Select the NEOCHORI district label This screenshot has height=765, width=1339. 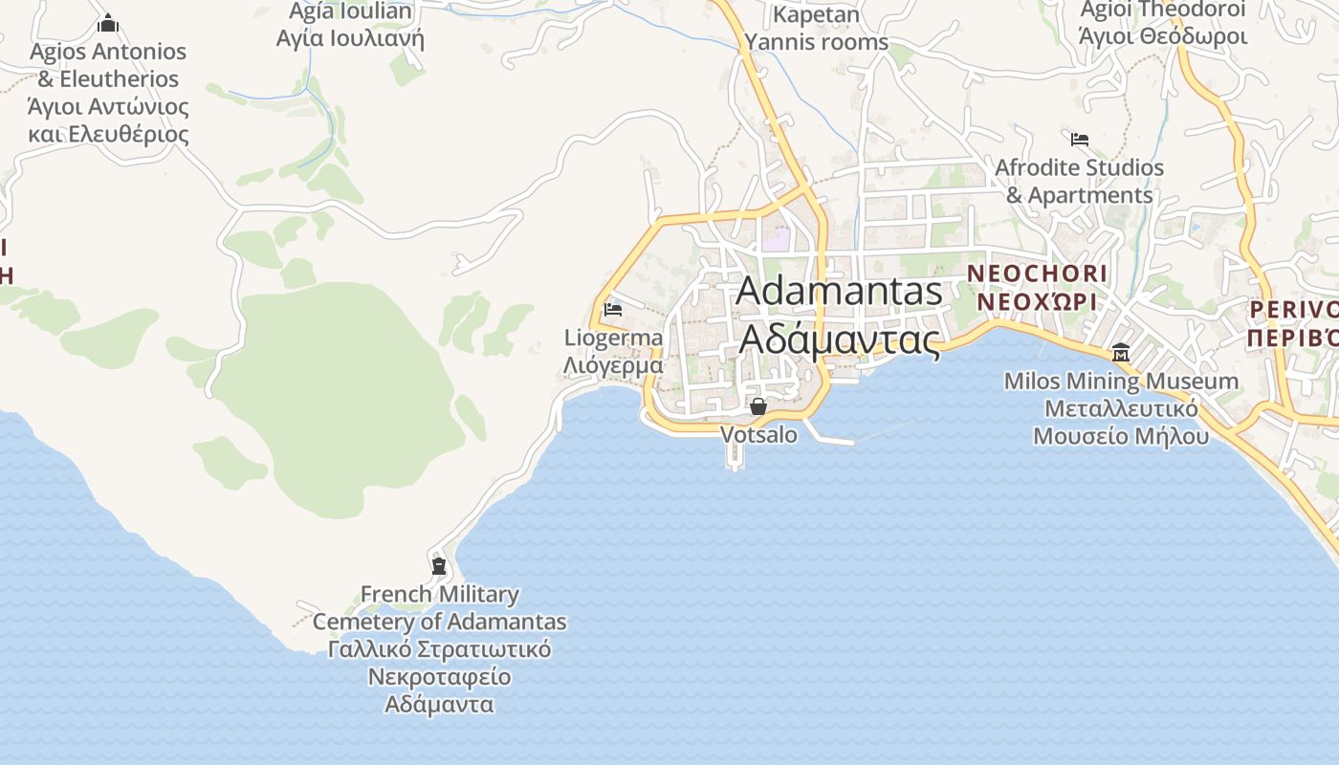pyautogui.click(x=1037, y=273)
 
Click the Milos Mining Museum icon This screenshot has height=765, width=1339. pyautogui.click(x=1121, y=353)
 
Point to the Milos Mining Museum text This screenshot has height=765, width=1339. pyautogui.click(x=1121, y=382)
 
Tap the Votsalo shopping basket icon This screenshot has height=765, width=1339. pyautogui.click(x=758, y=406)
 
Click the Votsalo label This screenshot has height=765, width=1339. pyautogui.click(x=758, y=434)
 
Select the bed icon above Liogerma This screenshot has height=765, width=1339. pyautogui.click(x=613, y=310)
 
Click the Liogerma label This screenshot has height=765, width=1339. pyautogui.click(x=613, y=338)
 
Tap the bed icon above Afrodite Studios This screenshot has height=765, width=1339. pyautogui.click(x=1080, y=140)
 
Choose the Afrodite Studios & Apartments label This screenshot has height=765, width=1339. pyautogui.click(x=1080, y=181)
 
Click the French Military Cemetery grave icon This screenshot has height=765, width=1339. pyautogui.click(x=439, y=566)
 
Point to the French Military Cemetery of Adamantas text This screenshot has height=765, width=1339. pyautogui.click(x=440, y=608)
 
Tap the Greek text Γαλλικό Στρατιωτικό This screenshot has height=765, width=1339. pyautogui.click(x=440, y=650)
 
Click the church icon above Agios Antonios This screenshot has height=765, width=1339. pyautogui.click(x=108, y=23)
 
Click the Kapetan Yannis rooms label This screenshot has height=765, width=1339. pyautogui.click(x=817, y=29)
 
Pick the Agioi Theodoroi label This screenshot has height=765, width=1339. pyautogui.click(x=1163, y=11)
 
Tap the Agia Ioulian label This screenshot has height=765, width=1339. pyautogui.click(x=351, y=11)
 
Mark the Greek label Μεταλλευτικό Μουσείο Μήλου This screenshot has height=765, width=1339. pyautogui.click(x=1121, y=423)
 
